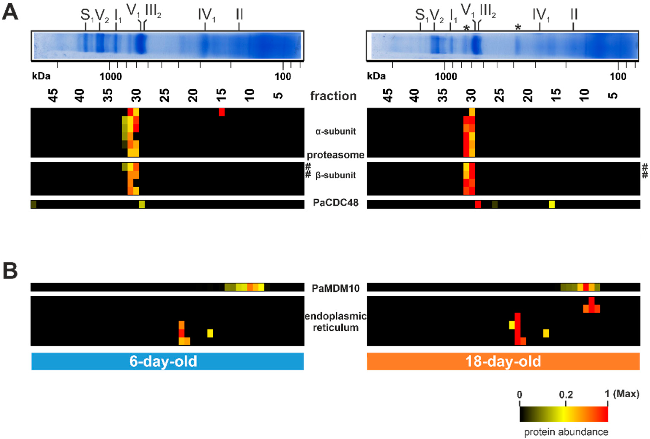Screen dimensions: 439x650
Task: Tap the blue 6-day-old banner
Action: click(167, 361)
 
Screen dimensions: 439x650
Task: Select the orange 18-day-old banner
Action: click(503, 361)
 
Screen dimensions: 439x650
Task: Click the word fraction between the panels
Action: click(333, 96)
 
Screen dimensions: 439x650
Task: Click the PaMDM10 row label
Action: click(335, 288)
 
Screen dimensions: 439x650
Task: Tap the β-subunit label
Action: click(335, 175)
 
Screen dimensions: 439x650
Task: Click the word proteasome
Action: click(335, 155)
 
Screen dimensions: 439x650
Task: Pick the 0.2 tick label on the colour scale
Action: click(566, 395)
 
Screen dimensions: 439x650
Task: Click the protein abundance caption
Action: click(566, 432)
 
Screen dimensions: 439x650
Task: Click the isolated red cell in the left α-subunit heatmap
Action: click(222, 112)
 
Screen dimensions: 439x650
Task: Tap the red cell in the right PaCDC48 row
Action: click(478, 204)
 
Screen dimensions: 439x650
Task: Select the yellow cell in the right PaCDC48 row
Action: click(552, 204)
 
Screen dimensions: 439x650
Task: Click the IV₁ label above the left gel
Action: click(206, 15)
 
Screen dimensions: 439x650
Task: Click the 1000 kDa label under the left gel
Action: click(111, 76)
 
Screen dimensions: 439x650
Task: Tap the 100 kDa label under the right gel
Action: click(618, 76)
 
